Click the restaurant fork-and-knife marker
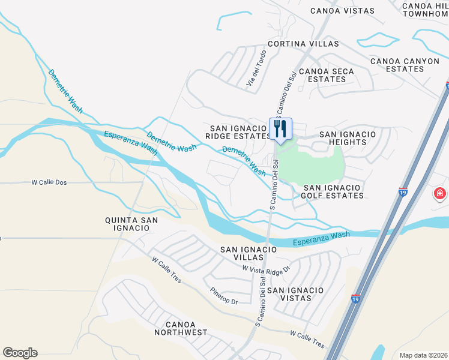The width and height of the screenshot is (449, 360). pyautogui.click(x=280, y=128)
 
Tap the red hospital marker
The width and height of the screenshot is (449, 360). pyautogui.click(x=440, y=194)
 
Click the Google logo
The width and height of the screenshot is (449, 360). pyautogui.click(x=20, y=353)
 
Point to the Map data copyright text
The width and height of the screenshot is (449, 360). pyautogui.click(x=423, y=355)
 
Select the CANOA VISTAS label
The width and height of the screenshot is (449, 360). pyautogui.click(x=342, y=11)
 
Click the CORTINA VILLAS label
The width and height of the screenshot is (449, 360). pyautogui.click(x=295, y=44)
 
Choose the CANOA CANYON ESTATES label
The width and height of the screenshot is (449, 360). pyautogui.click(x=405, y=65)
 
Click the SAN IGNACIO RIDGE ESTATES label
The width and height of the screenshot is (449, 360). pyautogui.click(x=238, y=132)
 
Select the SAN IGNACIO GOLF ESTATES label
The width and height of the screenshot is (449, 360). pyautogui.click(x=334, y=191)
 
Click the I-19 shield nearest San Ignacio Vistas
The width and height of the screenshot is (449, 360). pyautogui.click(x=356, y=298)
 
